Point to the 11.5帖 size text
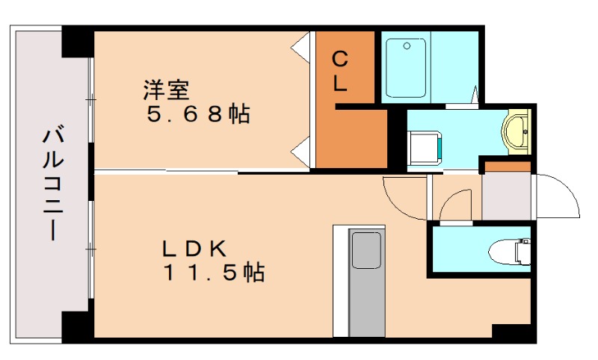(214, 273)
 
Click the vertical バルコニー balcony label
(51, 184)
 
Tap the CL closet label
(340, 71)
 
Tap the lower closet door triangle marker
(300, 153)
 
